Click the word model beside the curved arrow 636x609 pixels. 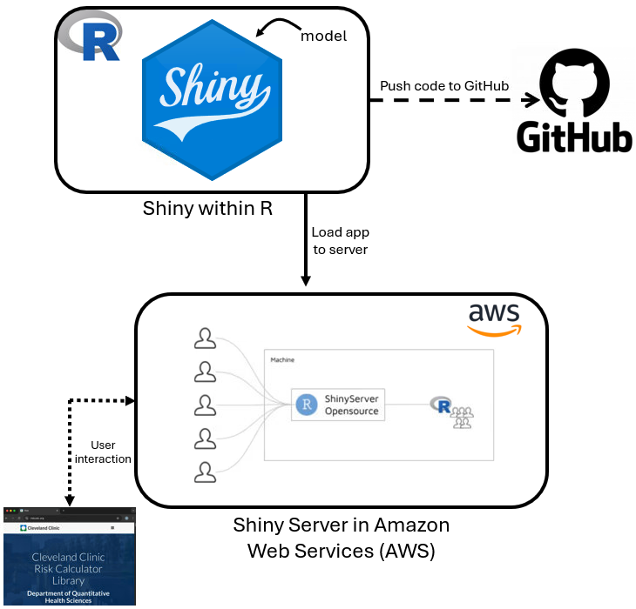coord(323,36)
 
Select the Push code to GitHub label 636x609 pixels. coord(444,85)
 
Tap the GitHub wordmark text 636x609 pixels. coord(574,137)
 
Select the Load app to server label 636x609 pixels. coord(339,241)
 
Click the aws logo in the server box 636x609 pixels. coord(494,318)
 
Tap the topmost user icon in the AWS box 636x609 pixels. coord(205,338)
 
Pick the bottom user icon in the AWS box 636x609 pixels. coord(205,472)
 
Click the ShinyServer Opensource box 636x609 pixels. coord(339,405)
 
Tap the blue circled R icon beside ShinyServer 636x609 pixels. coord(306,405)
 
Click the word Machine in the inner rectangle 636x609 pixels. coord(282,358)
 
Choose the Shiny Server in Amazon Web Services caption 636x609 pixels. coord(341,538)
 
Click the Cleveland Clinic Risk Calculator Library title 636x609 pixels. coord(68,568)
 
